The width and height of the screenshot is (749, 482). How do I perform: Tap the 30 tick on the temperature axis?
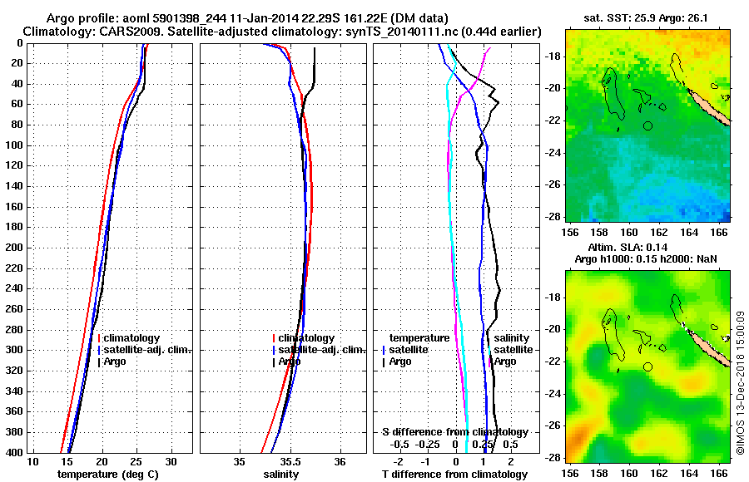pos(171,461)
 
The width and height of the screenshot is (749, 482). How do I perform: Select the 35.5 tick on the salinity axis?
pos(289,461)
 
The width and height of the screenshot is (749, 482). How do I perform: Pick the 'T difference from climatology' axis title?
pos(454,474)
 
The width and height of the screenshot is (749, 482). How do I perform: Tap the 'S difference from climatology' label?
pos(454,432)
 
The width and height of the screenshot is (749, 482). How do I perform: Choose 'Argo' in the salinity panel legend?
pos(290,361)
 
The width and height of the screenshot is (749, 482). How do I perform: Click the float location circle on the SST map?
pos(647,125)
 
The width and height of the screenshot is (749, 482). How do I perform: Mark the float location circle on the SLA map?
pos(647,366)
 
